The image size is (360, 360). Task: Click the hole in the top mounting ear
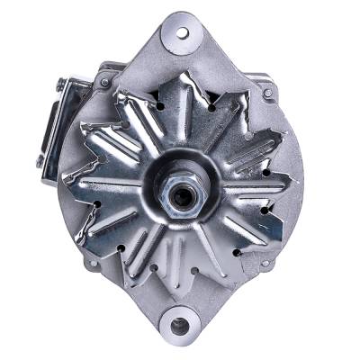click(183, 32)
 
